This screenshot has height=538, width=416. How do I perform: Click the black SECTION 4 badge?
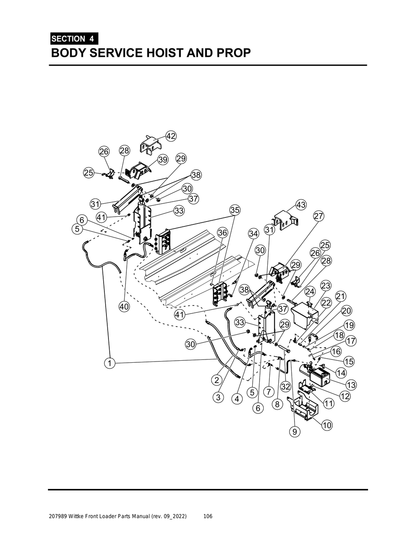[x=74, y=39]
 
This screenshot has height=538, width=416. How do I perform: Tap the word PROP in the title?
[x=233, y=53]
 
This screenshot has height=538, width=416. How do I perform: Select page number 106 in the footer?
[x=208, y=516]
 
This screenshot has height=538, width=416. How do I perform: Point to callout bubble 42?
[x=171, y=136]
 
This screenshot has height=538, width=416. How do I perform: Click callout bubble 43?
[x=301, y=205]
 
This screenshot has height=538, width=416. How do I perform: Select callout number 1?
[x=109, y=363]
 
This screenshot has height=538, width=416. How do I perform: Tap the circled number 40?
[x=124, y=307]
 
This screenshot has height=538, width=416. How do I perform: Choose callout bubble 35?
[x=235, y=210]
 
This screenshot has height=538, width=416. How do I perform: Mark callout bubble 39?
[x=163, y=160]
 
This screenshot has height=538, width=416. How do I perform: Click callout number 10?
[x=327, y=425]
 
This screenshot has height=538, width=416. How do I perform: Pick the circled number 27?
[x=318, y=216]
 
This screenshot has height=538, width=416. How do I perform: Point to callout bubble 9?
[x=295, y=433]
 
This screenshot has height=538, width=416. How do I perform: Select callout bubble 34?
[x=253, y=234]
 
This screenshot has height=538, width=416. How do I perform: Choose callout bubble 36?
[x=222, y=233]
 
